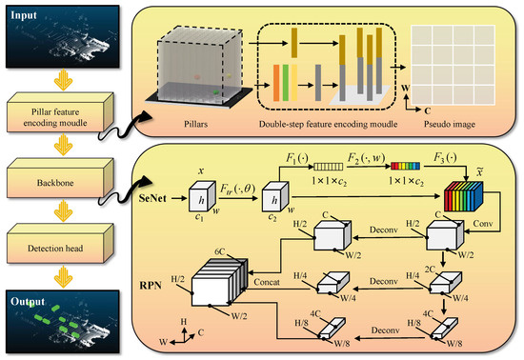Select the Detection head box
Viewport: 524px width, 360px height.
(x=63, y=242)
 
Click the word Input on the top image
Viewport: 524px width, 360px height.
(x=28, y=14)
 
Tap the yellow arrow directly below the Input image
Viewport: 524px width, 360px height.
(x=63, y=77)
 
